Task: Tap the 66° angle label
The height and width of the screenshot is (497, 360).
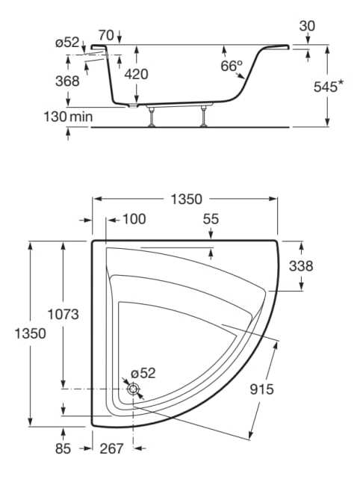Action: click(232, 66)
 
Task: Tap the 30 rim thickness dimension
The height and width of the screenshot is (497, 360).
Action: click(305, 26)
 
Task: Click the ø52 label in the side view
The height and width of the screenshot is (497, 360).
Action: click(66, 43)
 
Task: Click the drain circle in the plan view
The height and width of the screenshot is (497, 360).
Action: click(133, 389)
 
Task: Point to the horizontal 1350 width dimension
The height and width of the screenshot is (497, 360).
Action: click(186, 199)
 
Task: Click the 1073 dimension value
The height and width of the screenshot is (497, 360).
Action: click(63, 315)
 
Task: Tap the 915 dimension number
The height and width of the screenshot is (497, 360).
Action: click(262, 389)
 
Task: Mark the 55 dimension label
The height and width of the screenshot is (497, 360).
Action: click(211, 219)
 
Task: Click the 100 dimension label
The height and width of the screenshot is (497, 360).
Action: click(134, 219)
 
